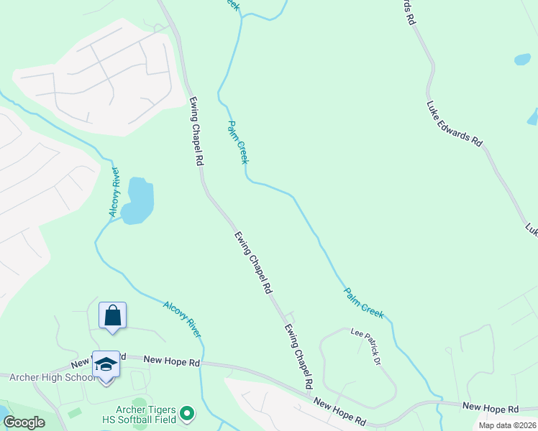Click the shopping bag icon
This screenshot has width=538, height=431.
point(112,315)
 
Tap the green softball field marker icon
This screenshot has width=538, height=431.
point(187,413)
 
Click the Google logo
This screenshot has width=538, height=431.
point(24,422)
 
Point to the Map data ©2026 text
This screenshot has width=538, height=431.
point(507,425)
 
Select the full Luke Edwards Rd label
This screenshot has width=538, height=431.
point(454,124)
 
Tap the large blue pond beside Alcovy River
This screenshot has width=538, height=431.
point(139,200)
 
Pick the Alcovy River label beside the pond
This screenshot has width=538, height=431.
point(114,192)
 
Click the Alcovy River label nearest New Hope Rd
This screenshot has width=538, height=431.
point(182,318)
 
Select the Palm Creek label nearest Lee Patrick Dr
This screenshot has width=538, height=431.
point(364,302)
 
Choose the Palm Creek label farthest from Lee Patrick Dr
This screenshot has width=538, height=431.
point(238,142)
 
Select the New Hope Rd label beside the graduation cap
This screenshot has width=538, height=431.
point(170,361)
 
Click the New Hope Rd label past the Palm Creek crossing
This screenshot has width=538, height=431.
point(491,407)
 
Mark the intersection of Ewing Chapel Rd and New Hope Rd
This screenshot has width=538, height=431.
point(311,393)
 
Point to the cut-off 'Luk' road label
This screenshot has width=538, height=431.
point(532,230)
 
